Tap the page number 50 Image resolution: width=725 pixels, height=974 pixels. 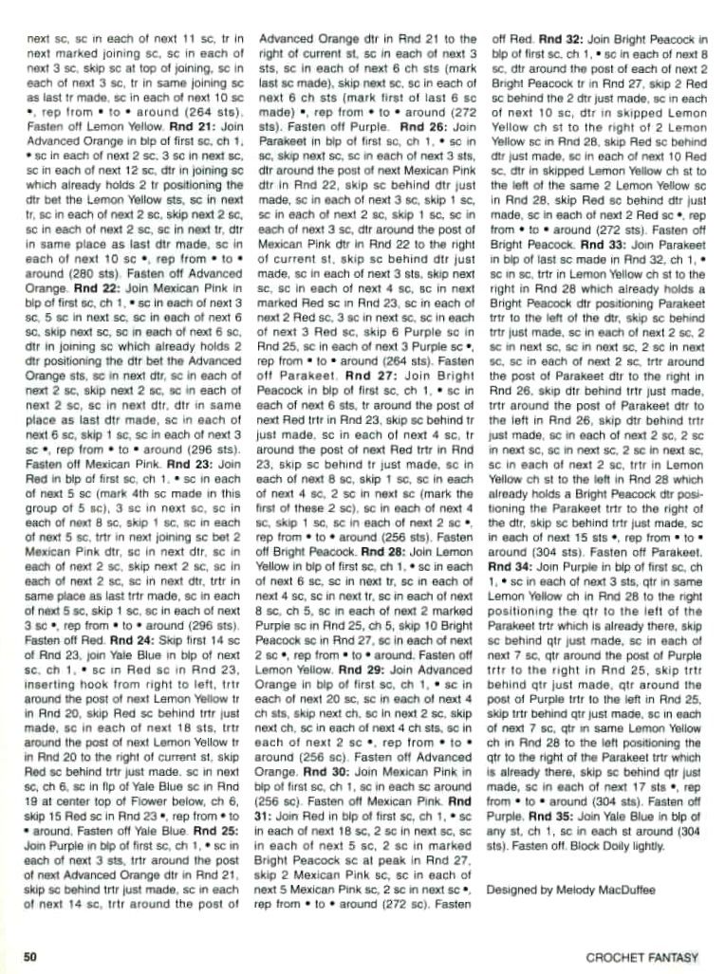pos(30,956)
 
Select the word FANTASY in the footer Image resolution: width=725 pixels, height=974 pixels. pos(672,957)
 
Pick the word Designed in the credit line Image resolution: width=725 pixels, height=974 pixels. pos(510,891)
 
